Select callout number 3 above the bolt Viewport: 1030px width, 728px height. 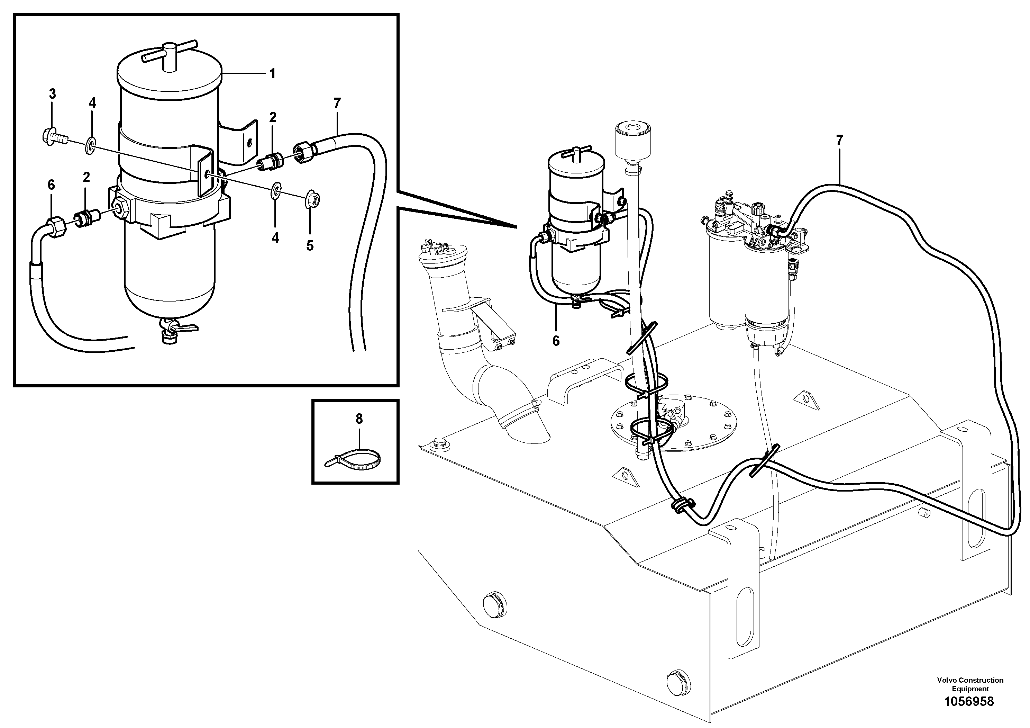coord(53,94)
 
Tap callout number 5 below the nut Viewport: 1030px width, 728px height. coord(310,246)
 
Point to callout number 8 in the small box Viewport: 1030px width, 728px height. coord(359,419)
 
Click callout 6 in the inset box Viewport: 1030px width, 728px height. coord(51,185)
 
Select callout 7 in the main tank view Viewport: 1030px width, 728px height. coord(839,141)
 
